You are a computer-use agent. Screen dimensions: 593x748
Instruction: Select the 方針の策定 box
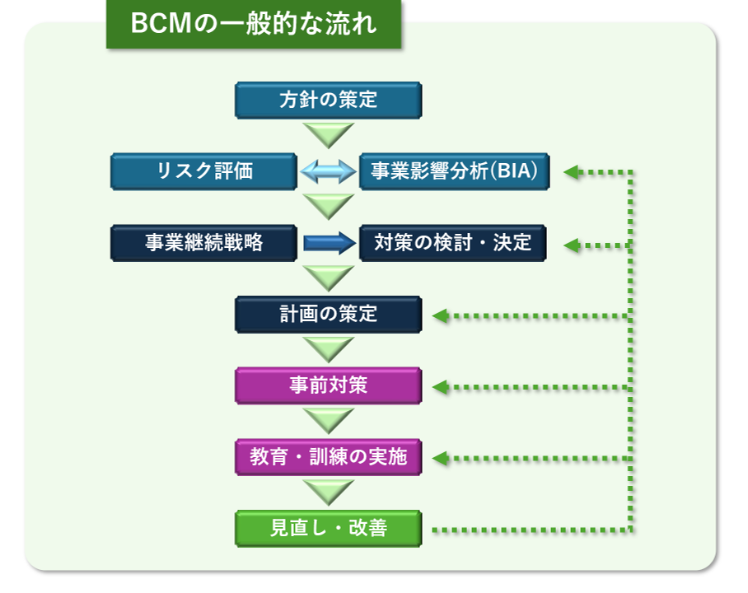click(x=328, y=100)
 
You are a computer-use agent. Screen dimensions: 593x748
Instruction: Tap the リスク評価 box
click(x=204, y=171)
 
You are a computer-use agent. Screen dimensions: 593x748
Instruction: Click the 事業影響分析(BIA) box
click(x=452, y=171)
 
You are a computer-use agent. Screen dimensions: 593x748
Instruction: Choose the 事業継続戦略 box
click(x=204, y=243)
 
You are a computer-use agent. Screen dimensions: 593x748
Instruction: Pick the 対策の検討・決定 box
click(x=452, y=243)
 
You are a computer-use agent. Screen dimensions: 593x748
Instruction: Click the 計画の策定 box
click(x=328, y=314)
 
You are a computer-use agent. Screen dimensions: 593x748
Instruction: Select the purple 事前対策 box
click(x=328, y=385)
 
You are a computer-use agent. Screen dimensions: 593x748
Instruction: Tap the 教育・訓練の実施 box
click(x=328, y=457)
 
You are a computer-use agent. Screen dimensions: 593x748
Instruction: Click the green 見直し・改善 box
click(x=328, y=528)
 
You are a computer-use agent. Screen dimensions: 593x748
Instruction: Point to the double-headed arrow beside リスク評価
click(x=328, y=171)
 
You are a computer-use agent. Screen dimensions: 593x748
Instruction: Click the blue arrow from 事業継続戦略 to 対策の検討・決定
click(x=328, y=243)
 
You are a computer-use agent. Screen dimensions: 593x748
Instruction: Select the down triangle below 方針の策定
click(x=328, y=134)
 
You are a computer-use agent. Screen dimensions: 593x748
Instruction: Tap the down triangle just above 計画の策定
click(x=328, y=278)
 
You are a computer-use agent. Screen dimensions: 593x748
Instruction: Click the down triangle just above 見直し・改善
click(x=328, y=492)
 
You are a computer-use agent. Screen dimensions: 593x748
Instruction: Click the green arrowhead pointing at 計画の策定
click(x=440, y=315)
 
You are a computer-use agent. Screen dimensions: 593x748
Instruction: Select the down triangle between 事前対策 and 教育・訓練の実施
click(x=328, y=420)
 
